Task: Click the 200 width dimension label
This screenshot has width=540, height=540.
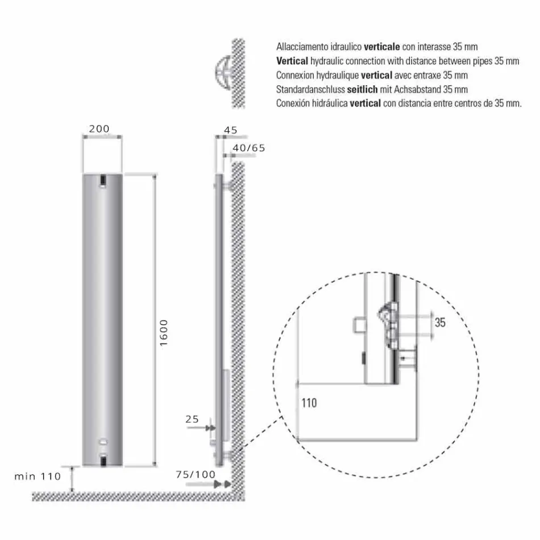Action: point(99,129)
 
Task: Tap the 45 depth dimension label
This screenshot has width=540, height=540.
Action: point(230,130)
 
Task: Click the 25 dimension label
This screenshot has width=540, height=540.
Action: point(192,419)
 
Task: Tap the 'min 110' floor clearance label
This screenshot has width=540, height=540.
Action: point(38,477)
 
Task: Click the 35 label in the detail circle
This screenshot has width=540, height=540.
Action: point(440,323)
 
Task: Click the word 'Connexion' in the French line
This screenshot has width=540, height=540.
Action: point(293,75)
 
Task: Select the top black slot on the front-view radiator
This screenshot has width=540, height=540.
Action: point(102,180)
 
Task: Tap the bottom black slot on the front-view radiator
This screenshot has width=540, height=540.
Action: point(102,459)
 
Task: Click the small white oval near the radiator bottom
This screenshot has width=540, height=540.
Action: point(102,442)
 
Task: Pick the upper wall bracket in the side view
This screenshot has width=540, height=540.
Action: point(227,186)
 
